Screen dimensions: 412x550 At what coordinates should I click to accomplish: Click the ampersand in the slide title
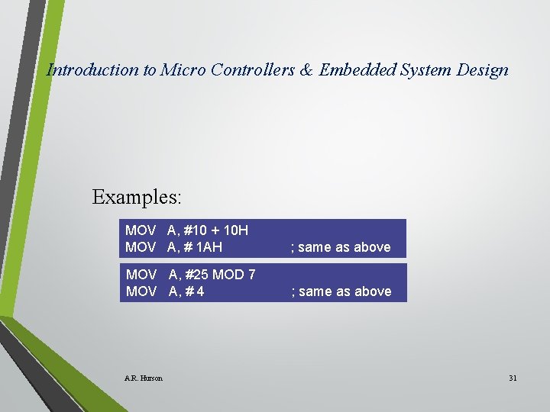point(306,70)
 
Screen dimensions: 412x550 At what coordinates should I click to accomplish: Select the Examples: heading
point(137,197)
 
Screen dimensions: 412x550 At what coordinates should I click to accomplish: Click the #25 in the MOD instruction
point(196,275)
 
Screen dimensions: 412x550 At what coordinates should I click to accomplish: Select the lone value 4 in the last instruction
point(199,291)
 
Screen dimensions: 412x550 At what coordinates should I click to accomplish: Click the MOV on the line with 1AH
point(141,247)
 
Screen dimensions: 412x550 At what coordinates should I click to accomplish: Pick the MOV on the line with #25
point(141,275)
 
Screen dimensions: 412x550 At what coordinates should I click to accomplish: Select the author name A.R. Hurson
point(143,378)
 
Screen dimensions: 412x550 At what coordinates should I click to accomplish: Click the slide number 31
point(513,378)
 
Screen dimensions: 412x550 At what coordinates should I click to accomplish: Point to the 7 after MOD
point(252,275)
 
